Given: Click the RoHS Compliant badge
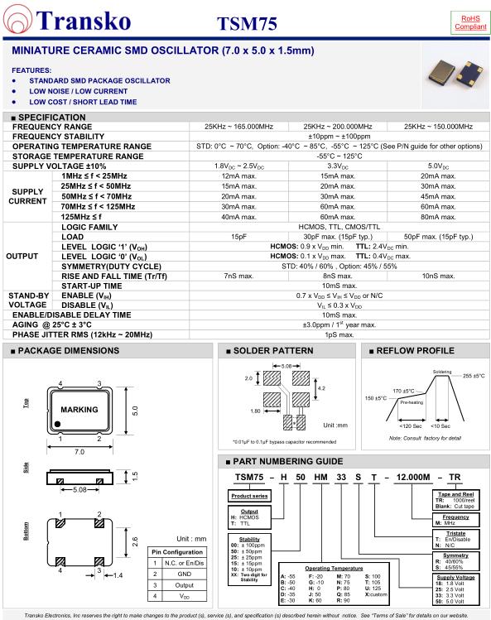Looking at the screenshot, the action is point(470,22).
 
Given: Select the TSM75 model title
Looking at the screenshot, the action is point(247,24).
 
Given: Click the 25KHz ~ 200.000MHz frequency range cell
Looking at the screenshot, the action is point(338,127).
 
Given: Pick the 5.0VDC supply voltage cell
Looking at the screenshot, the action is point(437,166).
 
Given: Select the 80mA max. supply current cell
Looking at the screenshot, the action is point(438,217).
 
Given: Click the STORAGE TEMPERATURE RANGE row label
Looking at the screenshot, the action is point(78,156).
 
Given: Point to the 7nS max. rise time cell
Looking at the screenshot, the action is point(238,276).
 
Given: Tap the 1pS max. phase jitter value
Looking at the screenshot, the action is point(339,334).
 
